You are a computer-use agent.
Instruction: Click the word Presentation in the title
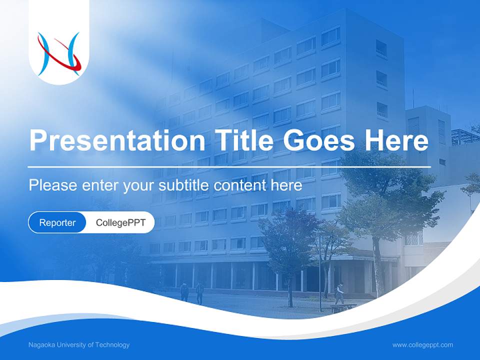(x=117, y=141)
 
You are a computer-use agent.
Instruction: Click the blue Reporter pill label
(x=57, y=222)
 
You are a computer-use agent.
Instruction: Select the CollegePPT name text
(x=120, y=222)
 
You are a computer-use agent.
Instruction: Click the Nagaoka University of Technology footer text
(x=79, y=344)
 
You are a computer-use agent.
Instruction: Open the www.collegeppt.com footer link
(x=422, y=344)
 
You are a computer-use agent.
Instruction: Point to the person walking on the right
(x=339, y=294)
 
